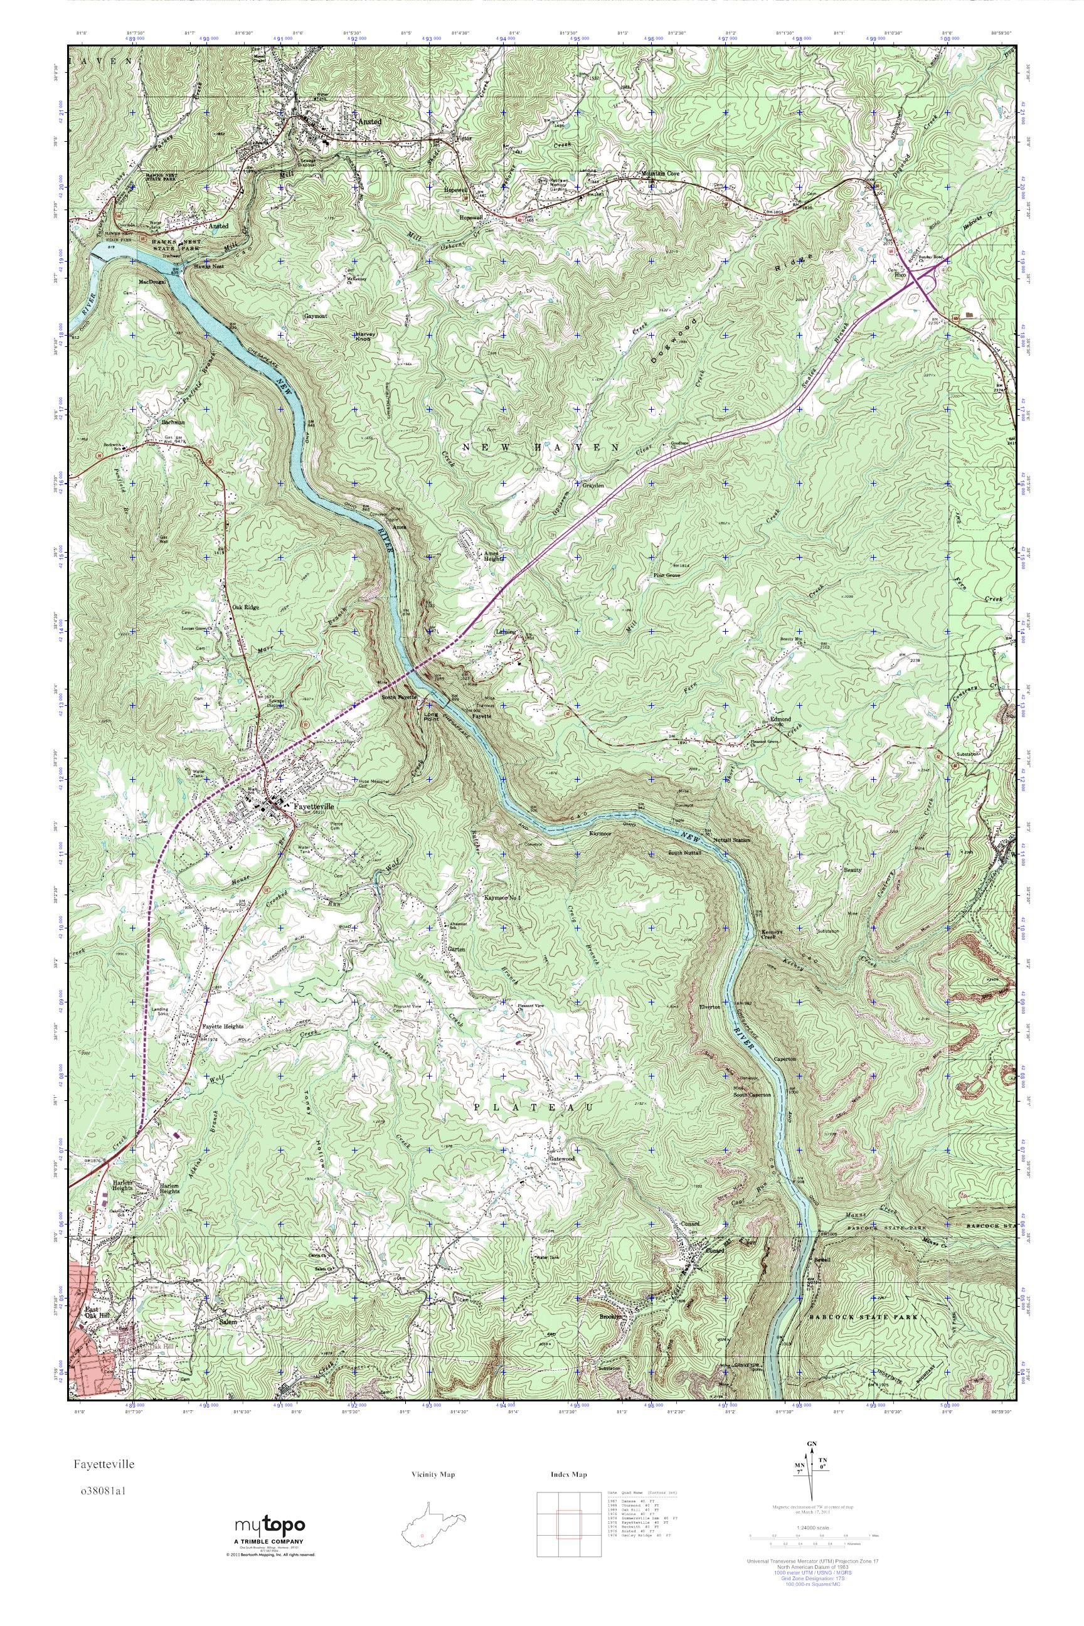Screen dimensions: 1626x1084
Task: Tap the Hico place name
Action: pos(900,275)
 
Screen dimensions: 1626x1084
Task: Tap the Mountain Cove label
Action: pos(662,174)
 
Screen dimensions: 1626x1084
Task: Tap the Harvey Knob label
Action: pos(365,337)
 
